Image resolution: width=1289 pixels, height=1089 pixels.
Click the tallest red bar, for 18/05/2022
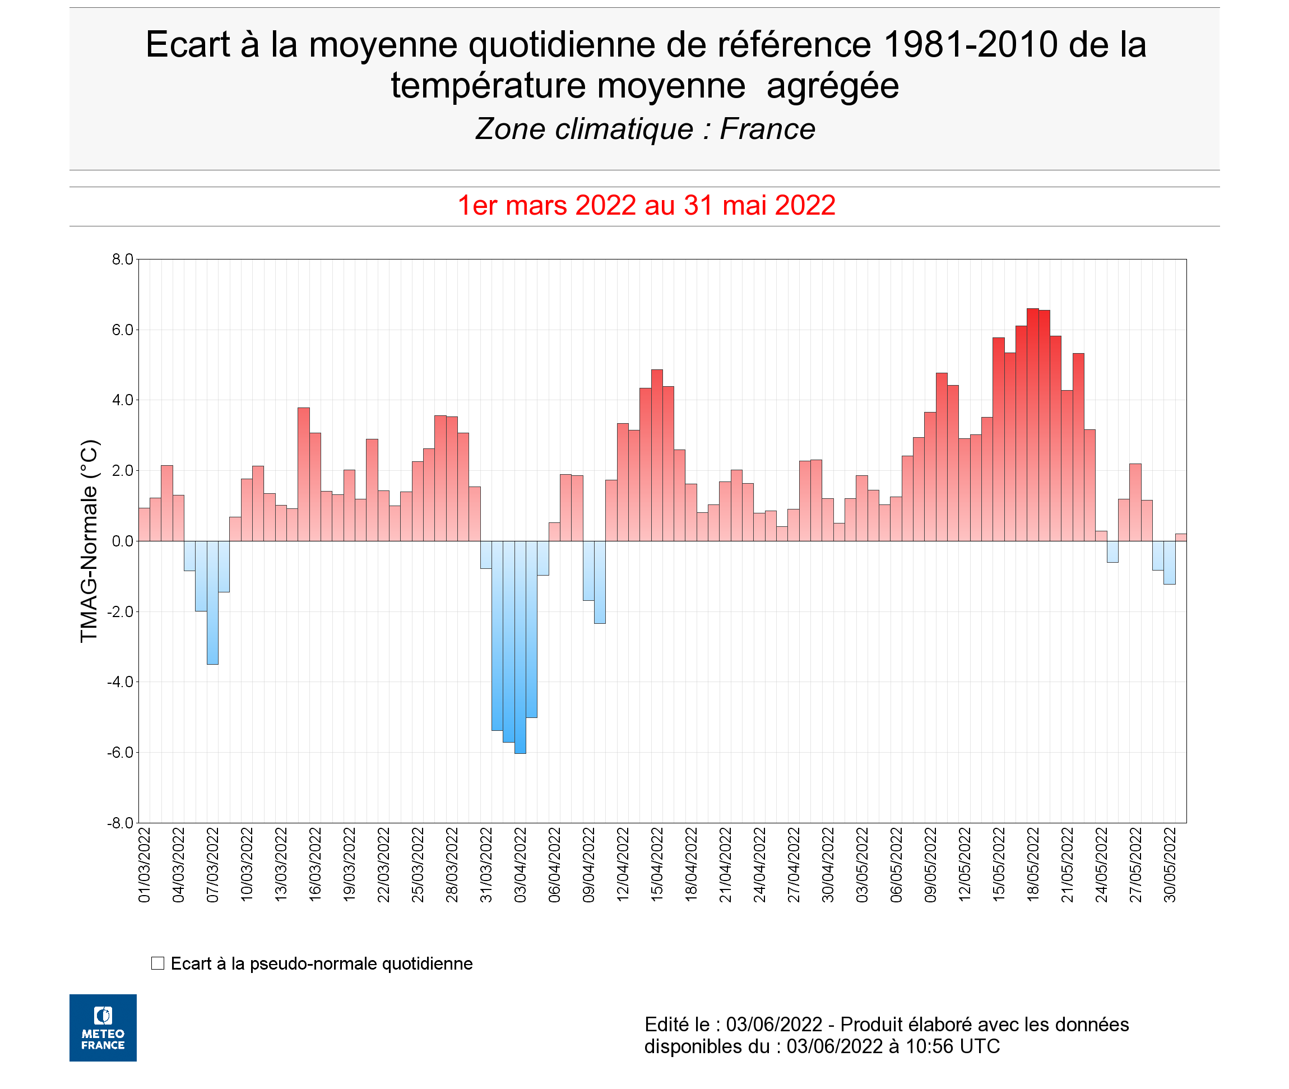[x=1032, y=426]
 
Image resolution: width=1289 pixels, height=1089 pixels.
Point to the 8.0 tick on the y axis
[x=122, y=259]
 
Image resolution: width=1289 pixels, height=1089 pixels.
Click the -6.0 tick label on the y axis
[x=120, y=753]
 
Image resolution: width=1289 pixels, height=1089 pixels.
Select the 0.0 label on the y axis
[x=122, y=541]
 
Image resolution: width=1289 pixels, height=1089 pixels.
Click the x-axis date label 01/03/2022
[x=145, y=865]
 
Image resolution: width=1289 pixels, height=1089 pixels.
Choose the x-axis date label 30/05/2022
[x=1170, y=865]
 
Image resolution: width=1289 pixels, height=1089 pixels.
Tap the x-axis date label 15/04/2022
[x=657, y=865]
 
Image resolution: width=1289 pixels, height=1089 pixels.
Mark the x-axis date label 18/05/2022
[x=1033, y=865]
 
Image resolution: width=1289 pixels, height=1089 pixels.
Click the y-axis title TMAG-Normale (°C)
[x=89, y=541]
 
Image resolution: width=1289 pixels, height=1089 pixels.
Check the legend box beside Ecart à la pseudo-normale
[x=157, y=963]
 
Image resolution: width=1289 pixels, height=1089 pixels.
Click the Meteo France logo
[x=103, y=1028]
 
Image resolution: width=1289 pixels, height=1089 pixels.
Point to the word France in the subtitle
[x=767, y=129]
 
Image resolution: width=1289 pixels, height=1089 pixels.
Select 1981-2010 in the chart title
[x=971, y=44]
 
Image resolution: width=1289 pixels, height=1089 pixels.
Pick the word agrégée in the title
[x=832, y=85]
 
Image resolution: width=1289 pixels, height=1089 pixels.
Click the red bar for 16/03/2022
[x=315, y=487]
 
